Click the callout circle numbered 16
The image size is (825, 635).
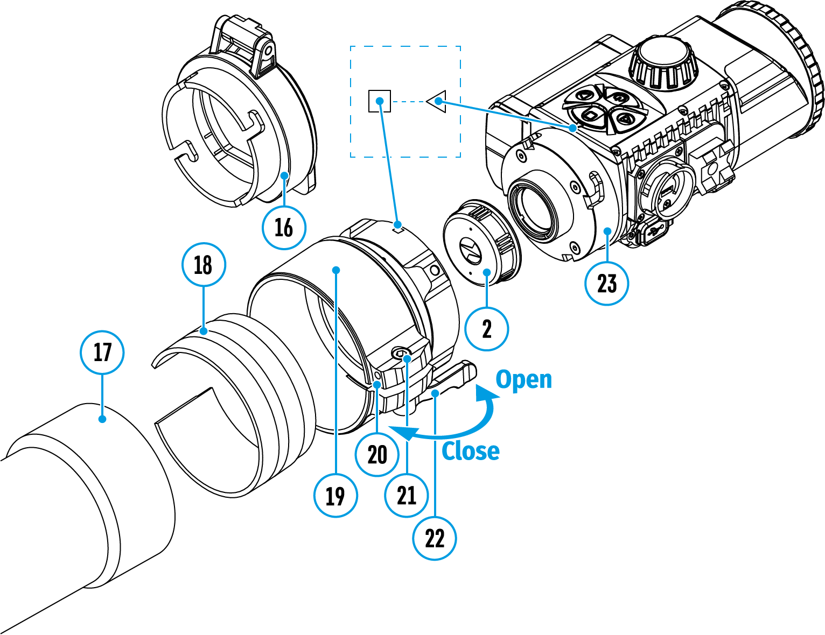(x=284, y=227)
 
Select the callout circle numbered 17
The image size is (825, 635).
(x=102, y=352)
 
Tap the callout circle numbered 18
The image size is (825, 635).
(x=203, y=265)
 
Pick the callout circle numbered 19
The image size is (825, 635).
(x=335, y=495)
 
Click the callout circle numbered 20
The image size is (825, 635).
(x=377, y=455)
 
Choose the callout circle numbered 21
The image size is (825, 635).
(x=406, y=495)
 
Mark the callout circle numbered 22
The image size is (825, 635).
(x=434, y=538)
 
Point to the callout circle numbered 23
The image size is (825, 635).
(x=606, y=283)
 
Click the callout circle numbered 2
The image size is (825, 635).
(x=487, y=329)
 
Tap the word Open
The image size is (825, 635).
(x=523, y=379)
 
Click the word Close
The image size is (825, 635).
(x=470, y=451)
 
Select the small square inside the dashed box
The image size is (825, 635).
(x=380, y=101)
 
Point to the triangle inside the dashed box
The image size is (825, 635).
(x=437, y=101)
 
